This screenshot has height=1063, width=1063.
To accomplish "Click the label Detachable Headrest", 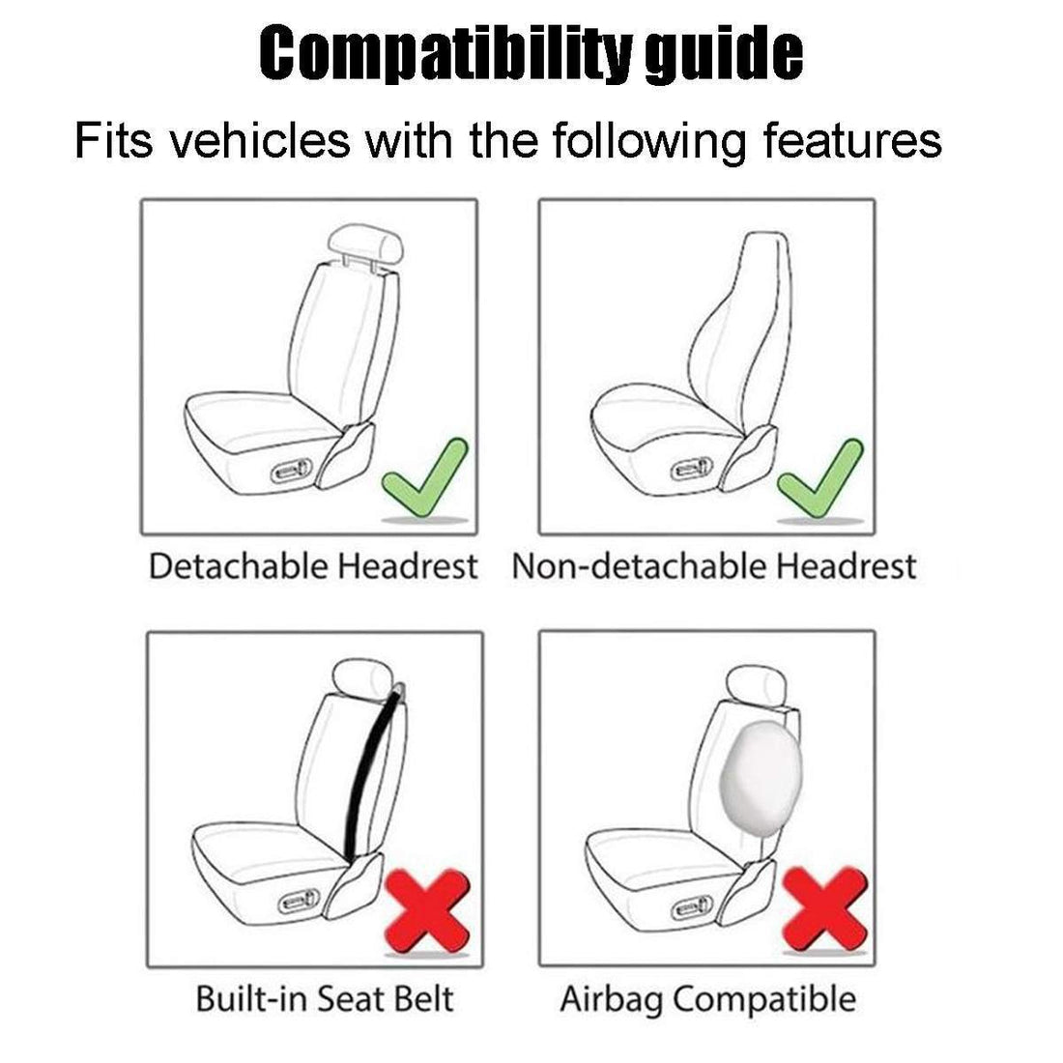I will coord(312,566).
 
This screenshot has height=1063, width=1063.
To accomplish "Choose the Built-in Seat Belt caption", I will coord(324,997).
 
